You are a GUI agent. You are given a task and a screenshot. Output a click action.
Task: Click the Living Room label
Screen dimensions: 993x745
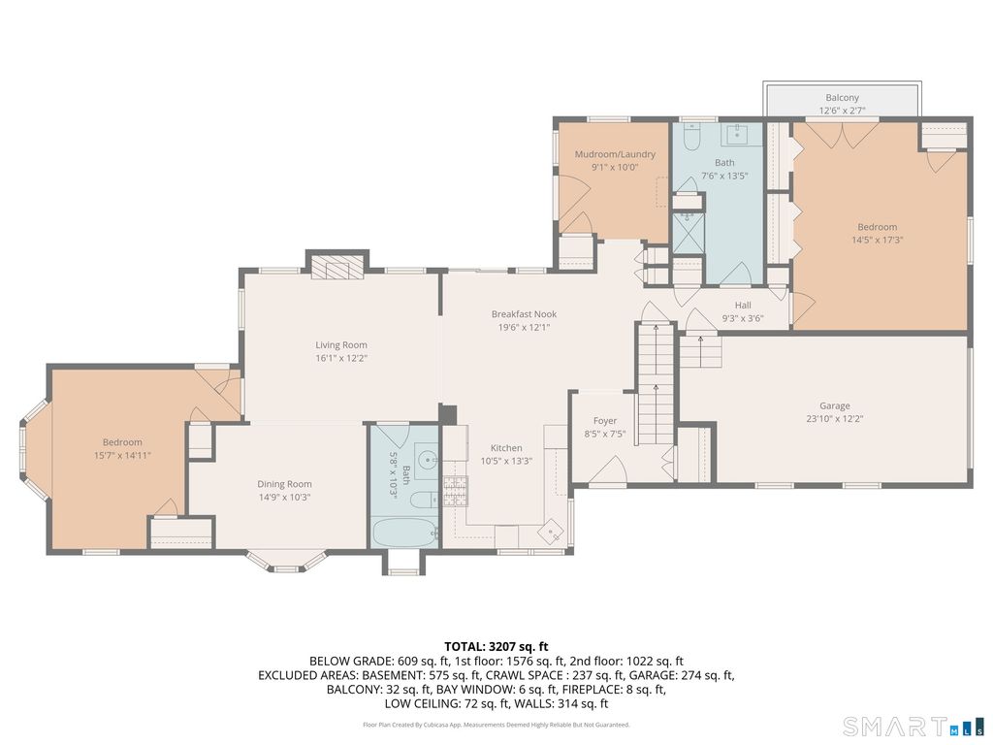[x=341, y=345]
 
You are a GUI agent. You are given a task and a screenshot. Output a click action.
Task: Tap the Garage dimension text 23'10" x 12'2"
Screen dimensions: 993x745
[x=835, y=419]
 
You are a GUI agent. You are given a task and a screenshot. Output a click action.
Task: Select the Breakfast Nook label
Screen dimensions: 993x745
[x=525, y=314]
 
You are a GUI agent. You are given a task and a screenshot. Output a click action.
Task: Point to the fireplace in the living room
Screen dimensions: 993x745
[x=337, y=267]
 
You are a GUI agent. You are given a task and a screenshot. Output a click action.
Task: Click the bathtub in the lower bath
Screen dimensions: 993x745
[x=403, y=533]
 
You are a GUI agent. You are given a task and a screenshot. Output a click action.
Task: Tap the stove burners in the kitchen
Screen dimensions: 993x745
[x=455, y=491]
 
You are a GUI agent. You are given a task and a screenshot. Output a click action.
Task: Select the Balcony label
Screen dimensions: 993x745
[x=843, y=98]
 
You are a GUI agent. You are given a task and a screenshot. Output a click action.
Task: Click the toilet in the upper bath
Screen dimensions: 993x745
[x=690, y=138]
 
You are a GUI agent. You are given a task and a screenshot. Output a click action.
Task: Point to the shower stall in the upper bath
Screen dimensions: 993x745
[x=688, y=231]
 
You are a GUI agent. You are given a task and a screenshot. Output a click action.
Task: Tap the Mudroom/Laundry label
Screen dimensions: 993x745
[x=615, y=154]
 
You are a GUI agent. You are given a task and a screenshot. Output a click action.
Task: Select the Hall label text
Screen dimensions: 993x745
[x=743, y=306]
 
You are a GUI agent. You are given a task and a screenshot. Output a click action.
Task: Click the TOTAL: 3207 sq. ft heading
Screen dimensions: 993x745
[x=496, y=647]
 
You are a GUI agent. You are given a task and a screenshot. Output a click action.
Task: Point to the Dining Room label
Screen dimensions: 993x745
[x=284, y=484]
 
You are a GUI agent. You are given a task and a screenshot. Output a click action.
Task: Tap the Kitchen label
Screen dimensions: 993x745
[x=506, y=448]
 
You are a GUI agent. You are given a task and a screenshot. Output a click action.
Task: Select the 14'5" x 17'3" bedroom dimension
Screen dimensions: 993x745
[x=877, y=241]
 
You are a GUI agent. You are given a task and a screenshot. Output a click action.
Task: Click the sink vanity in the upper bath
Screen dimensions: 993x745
[x=737, y=134]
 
